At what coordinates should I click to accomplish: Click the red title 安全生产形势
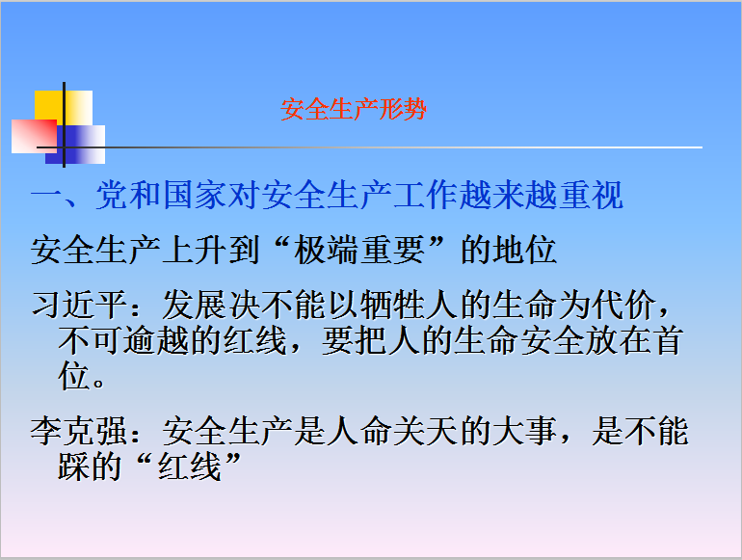(354, 109)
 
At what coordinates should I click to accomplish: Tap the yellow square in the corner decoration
(64, 109)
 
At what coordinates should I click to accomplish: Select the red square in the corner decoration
(34, 136)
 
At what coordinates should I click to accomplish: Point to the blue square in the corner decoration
(75, 145)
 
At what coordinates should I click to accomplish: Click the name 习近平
(79, 305)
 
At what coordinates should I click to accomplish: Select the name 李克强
(78, 431)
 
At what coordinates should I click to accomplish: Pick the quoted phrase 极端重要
(359, 250)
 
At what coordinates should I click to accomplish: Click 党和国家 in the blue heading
(161, 195)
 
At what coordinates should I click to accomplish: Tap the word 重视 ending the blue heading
(591, 195)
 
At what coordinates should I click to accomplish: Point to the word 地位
(524, 250)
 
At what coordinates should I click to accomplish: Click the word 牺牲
(392, 305)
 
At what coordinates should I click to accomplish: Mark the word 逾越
(157, 340)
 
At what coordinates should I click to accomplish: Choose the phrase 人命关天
(392, 431)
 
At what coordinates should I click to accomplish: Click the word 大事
(524, 431)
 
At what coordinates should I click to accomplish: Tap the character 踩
(74, 467)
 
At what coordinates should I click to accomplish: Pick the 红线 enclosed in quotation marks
(189, 467)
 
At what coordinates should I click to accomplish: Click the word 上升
(194, 250)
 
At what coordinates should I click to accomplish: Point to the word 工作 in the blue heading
(425, 195)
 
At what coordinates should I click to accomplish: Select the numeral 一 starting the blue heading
(46, 195)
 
